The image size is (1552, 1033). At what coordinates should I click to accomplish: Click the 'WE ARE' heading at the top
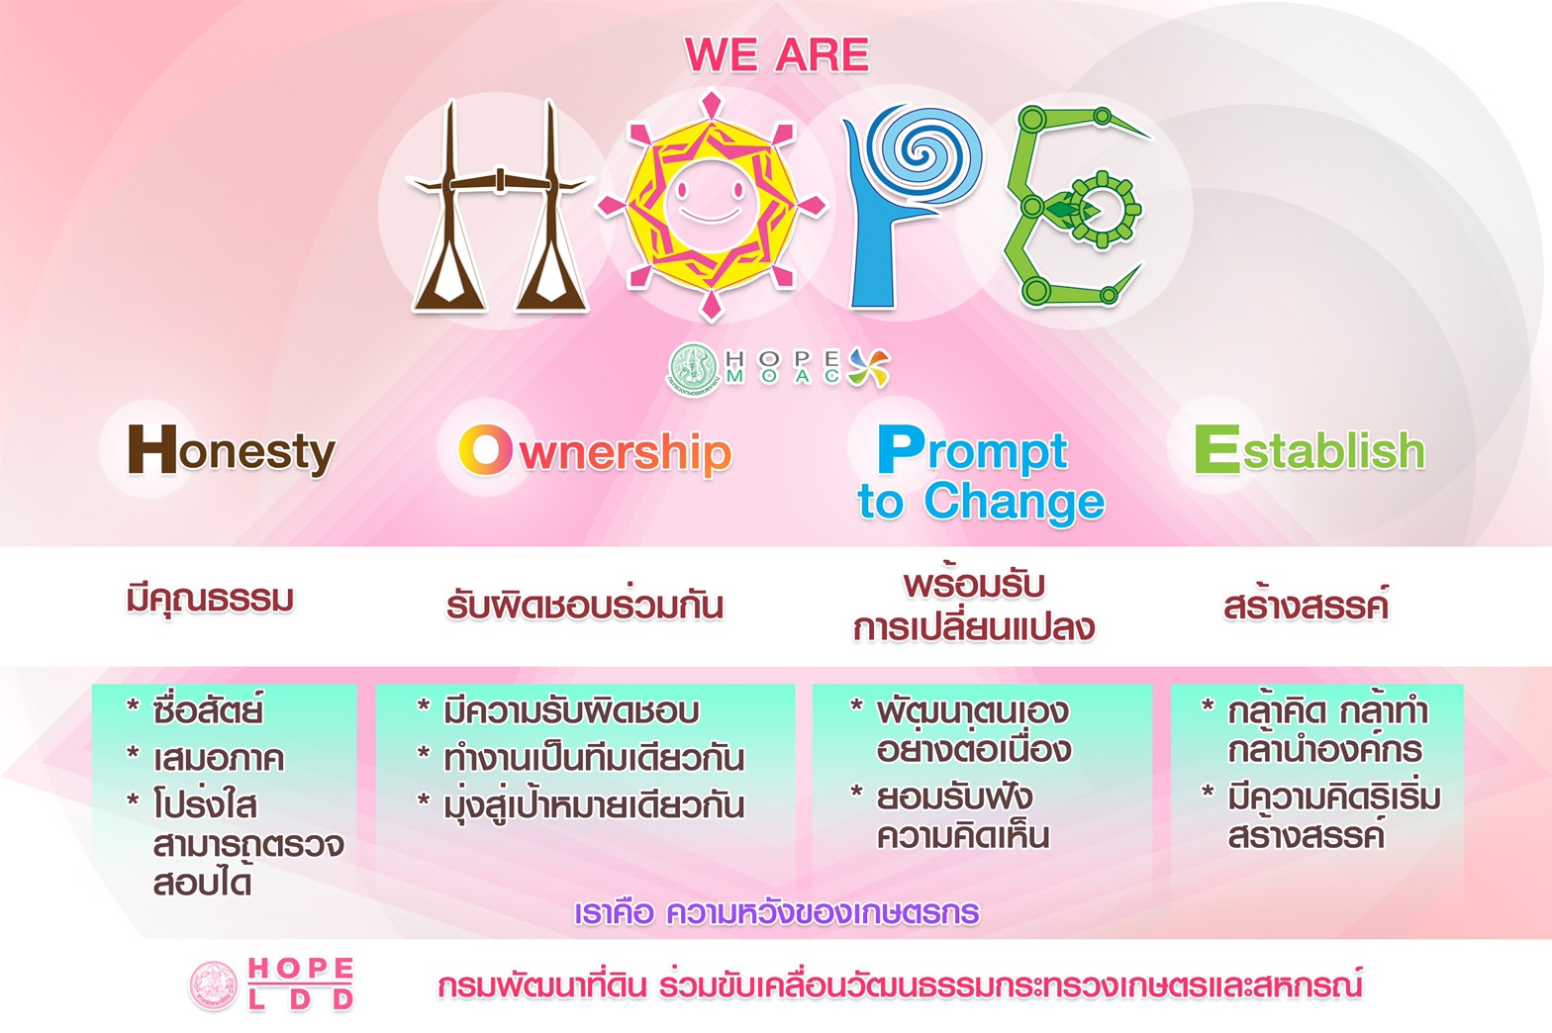point(777,54)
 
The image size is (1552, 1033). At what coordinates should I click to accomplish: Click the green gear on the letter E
point(1103,209)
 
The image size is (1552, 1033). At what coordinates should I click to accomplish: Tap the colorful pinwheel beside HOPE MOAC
point(869,368)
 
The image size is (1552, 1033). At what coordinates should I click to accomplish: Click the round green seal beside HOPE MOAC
point(694,369)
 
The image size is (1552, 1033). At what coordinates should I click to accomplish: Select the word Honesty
point(232,451)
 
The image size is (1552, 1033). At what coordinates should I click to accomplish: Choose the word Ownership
point(595,452)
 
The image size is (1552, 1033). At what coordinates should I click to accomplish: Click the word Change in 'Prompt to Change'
point(1014,503)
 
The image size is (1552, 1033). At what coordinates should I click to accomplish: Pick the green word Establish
point(1309,449)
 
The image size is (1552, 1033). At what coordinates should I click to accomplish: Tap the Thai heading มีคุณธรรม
point(210,600)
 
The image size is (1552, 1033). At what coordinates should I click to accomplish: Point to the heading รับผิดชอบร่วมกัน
point(585,605)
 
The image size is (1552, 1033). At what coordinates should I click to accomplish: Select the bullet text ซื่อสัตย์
point(208,710)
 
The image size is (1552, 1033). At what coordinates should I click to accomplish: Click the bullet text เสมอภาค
point(218,759)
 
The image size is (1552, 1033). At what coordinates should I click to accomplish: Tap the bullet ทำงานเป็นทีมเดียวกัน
point(595,757)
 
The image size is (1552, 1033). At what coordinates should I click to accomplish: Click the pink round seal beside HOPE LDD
point(214,986)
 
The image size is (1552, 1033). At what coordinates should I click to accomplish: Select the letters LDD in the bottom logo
point(301,999)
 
